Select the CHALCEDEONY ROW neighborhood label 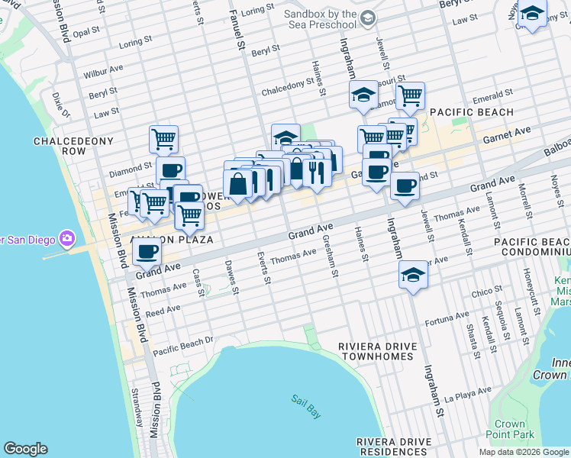73,147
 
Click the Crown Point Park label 509,429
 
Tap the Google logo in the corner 25,449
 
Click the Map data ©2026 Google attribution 523,452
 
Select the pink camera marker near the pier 67,239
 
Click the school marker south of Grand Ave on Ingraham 413,276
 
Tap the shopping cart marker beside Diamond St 163,140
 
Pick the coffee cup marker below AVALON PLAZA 147,250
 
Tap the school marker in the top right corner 533,15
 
